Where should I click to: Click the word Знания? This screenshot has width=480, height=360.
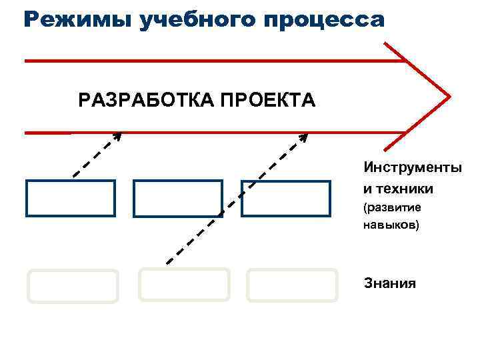click(x=390, y=283)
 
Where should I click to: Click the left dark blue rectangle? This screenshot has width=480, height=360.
click(x=71, y=198)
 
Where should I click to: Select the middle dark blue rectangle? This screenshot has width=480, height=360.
click(x=178, y=198)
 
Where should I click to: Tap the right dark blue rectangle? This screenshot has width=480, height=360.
click(x=285, y=198)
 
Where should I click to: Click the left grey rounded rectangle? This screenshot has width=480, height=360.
click(x=73, y=286)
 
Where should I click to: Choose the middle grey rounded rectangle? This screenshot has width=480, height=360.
click(x=184, y=285)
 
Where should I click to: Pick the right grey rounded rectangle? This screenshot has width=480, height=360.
click(x=292, y=285)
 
